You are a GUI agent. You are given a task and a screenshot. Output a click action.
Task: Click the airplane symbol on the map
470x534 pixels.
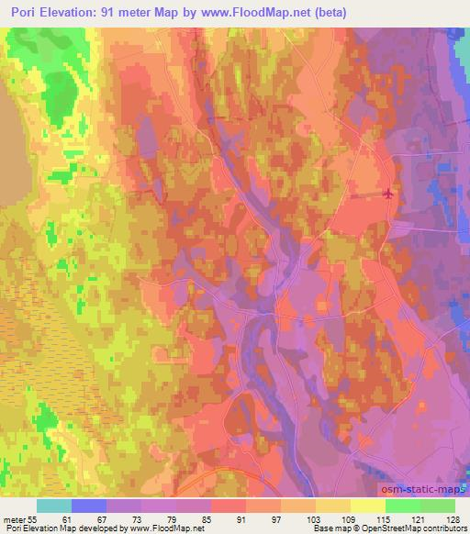tap(388, 194)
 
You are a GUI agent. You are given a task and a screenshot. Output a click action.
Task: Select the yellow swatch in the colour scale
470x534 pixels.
tap(368, 506)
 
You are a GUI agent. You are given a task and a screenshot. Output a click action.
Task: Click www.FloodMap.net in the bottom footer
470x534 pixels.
tap(163, 528)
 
